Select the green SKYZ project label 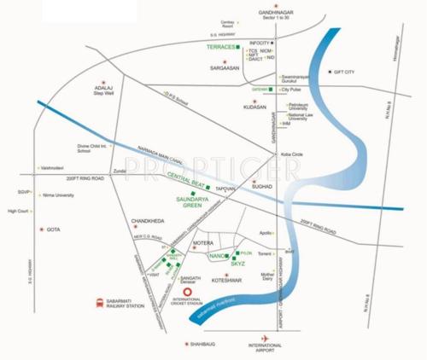pyautogui.click(x=237, y=264)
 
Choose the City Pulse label pyautogui.click(x=292, y=89)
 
